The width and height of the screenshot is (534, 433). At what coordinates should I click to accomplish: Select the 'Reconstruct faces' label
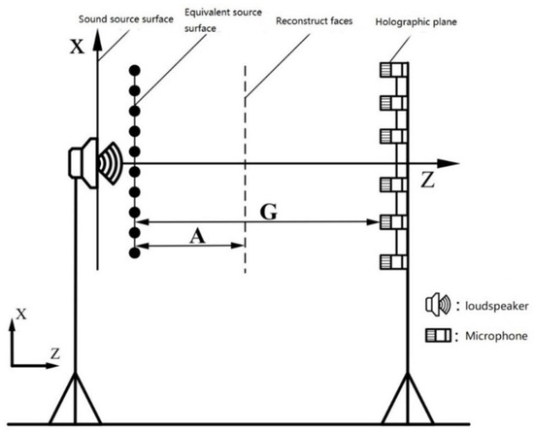(311, 19)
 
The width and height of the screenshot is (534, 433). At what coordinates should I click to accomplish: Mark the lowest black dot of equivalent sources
(135, 252)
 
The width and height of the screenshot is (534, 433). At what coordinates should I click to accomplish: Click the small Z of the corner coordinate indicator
(54, 356)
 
